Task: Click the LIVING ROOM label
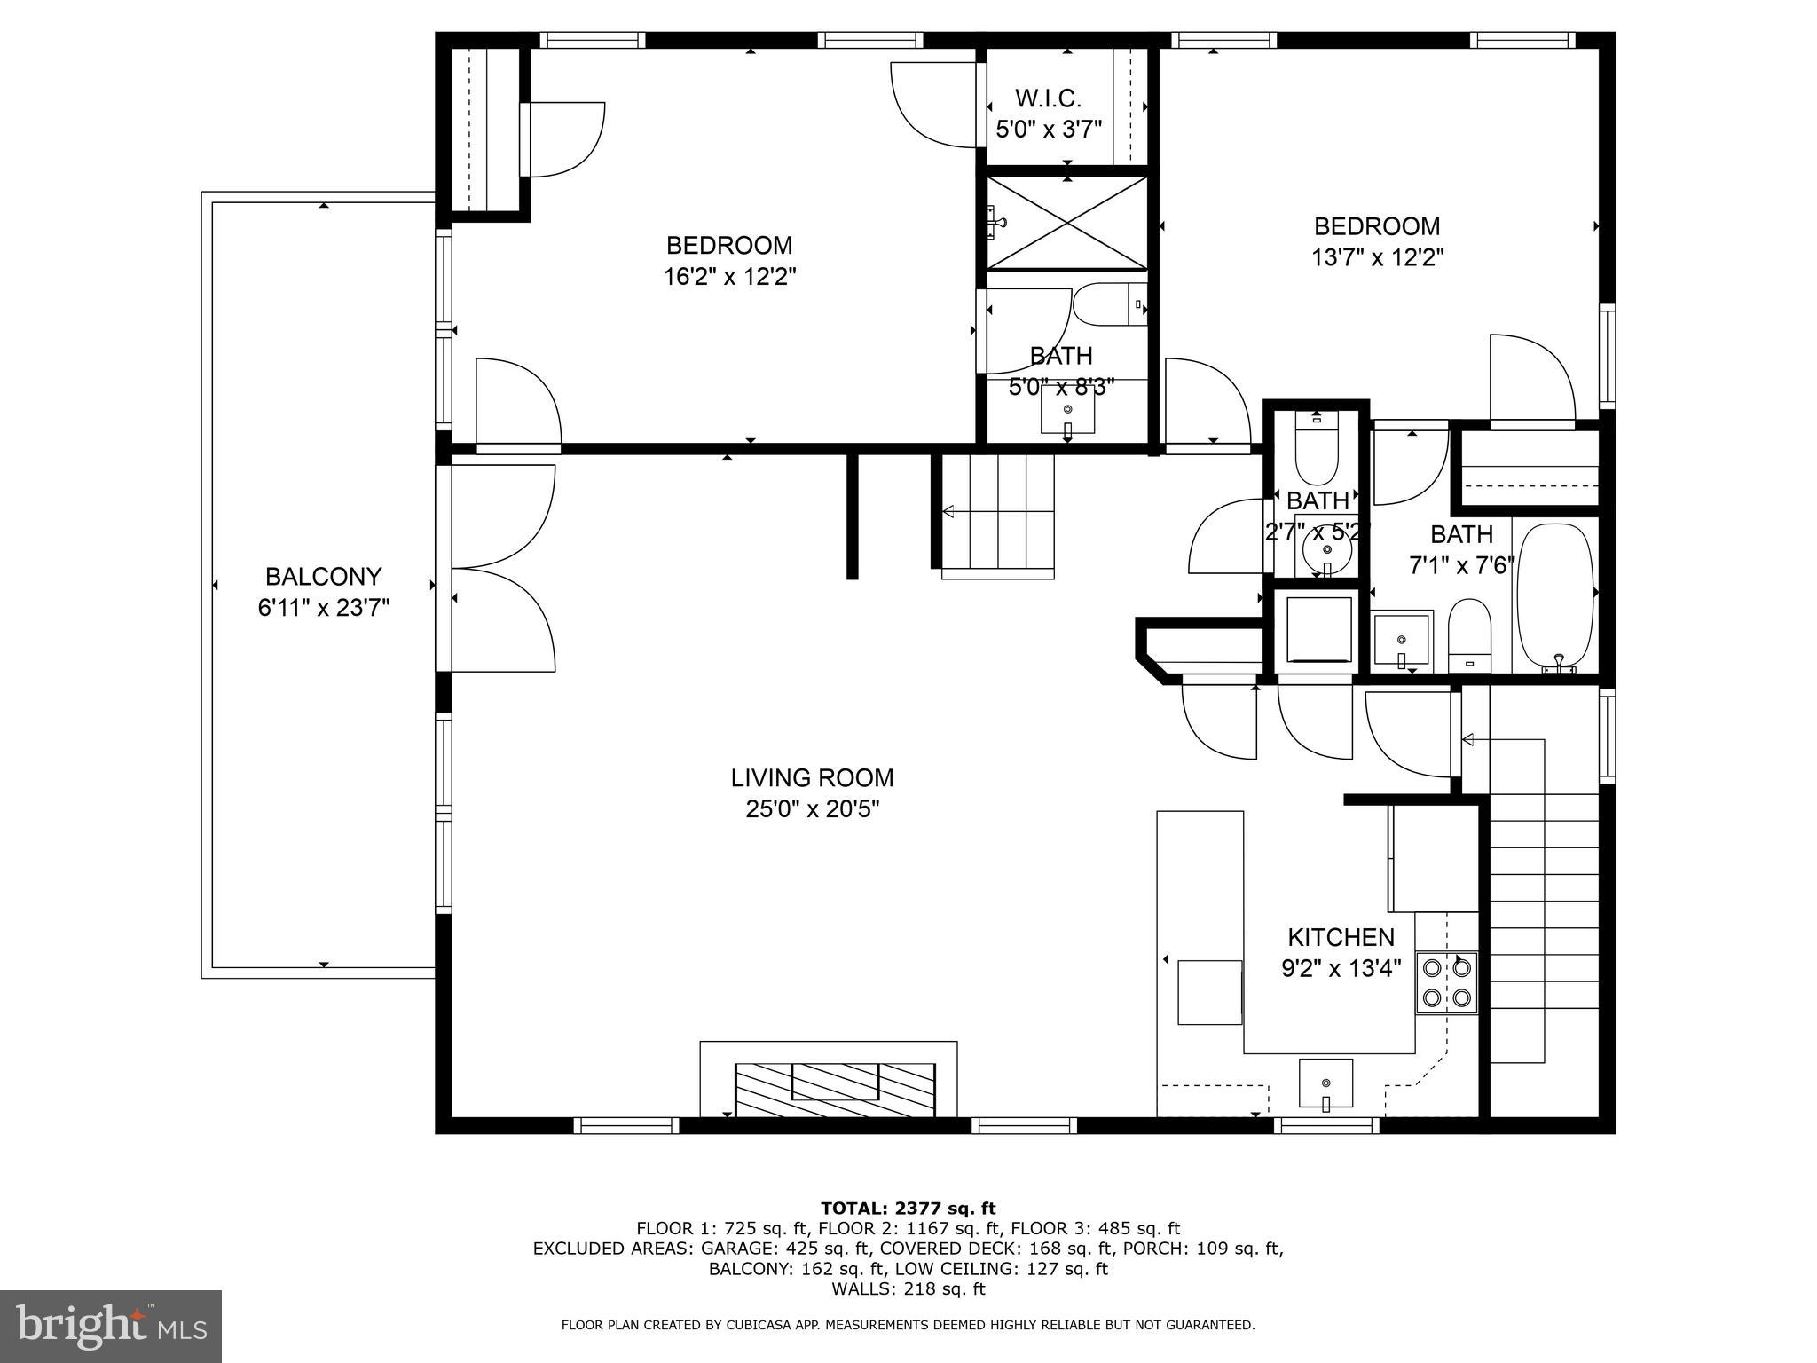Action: tap(812, 778)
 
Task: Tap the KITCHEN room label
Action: tap(1341, 937)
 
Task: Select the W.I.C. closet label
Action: tap(1048, 98)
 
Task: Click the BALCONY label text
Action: tap(323, 577)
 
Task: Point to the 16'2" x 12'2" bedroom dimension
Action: tap(729, 277)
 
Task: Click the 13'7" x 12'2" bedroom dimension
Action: tap(1377, 257)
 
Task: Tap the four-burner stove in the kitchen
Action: tap(1446, 982)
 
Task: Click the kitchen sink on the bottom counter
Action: tap(1325, 1083)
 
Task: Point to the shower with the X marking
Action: tap(1066, 223)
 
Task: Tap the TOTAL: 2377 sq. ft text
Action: tap(908, 1208)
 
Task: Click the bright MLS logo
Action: tap(111, 1326)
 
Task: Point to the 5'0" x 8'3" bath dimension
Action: tap(1061, 387)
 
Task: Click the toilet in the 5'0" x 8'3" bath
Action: tap(1109, 305)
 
